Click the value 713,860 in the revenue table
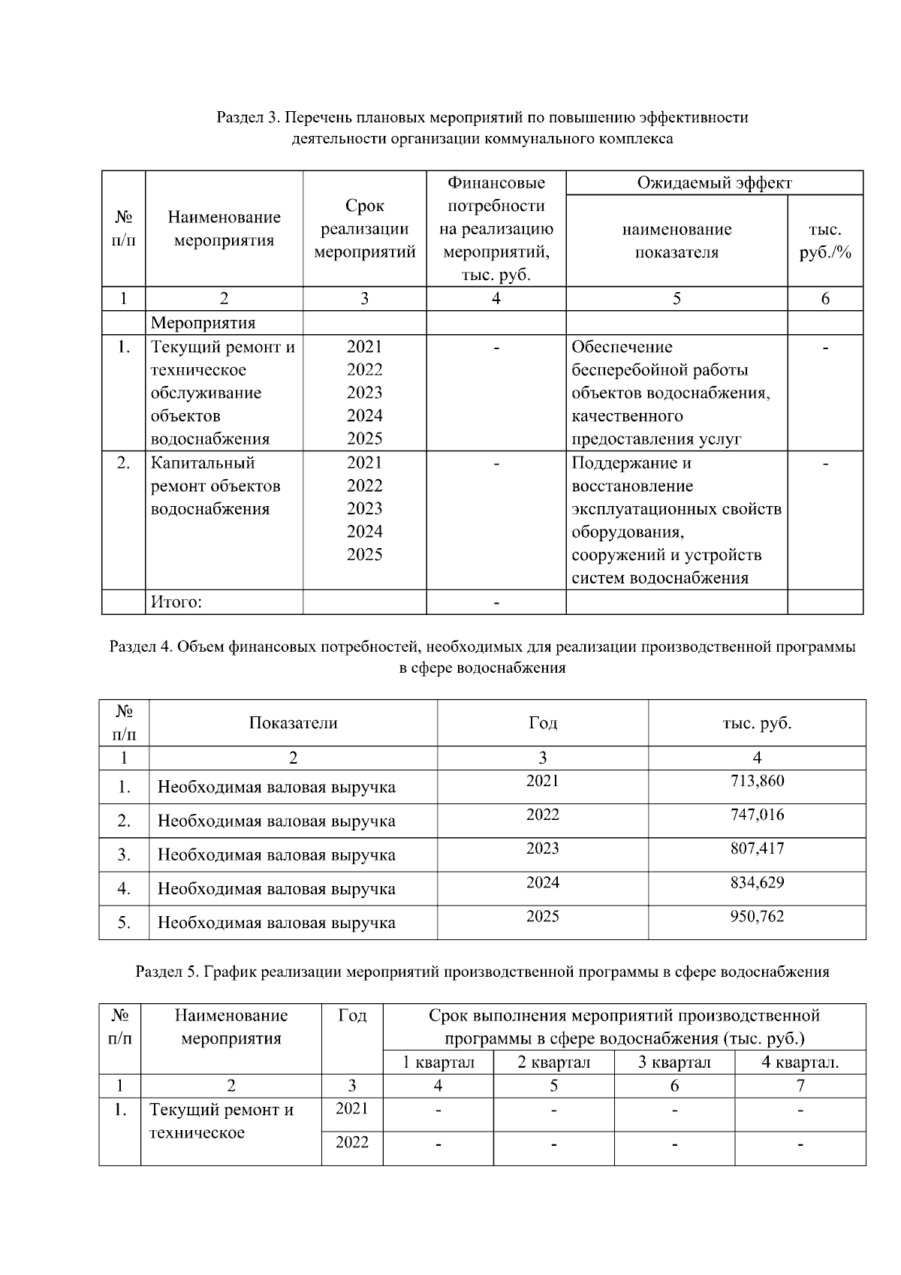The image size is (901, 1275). click(757, 781)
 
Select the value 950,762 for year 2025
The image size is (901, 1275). click(757, 916)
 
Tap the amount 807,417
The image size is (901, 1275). click(757, 848)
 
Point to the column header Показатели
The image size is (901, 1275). click(293, 723)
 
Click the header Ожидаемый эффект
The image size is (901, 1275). click(714, 183)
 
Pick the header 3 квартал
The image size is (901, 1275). click(674, 1062)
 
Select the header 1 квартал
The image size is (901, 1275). click(438, 1062)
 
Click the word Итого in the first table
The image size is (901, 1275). click(176, 602)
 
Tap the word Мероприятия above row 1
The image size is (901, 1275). click(203, 323)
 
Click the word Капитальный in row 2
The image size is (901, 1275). click(203, 463)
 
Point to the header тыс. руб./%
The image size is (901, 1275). click(825, 241)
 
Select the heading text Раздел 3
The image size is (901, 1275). click(248, 118)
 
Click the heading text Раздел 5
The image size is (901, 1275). click(167, 972)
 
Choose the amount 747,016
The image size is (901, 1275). click(757, 815)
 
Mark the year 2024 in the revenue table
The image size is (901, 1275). click(542, 882)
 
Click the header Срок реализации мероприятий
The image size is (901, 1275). click(364, 229)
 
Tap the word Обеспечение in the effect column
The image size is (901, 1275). click(622, 347)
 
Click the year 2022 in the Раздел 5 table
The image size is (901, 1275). click(351, 1142)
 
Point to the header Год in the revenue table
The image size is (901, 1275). click(542, 723)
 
